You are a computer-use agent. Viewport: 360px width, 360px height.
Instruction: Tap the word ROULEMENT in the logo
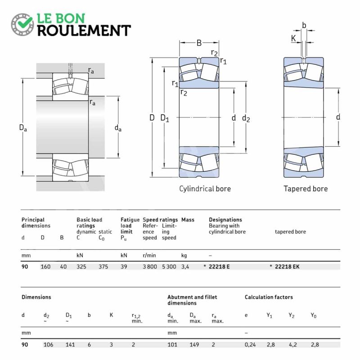(84, 30)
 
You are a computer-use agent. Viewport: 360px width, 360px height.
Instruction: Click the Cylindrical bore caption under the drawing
(205, 189)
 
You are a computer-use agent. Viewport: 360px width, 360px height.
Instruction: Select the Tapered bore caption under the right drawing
(306, 189)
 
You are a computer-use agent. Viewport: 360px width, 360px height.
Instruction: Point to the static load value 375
(104, 267)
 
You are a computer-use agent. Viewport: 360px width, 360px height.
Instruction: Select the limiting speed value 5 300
(169, 267)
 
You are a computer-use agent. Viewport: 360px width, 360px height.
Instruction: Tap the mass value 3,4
(185, 267)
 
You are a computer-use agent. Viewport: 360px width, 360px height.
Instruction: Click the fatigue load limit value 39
(124, 267)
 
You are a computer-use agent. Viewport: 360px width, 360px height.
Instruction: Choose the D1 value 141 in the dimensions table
(71, 344)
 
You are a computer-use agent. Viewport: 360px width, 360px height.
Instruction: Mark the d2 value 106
(49, 344)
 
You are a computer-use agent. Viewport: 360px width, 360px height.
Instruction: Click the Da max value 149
(194, 344)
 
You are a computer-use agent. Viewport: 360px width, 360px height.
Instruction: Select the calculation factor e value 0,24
(250, 344)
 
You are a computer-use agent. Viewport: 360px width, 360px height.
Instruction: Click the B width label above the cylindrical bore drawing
(199, 43)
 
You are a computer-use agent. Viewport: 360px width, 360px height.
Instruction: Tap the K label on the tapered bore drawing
(294, 39)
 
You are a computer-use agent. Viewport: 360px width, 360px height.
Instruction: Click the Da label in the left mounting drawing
(23, 128)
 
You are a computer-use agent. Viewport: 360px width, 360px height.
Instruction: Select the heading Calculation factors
(269, 297)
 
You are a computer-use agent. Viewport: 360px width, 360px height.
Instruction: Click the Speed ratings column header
(160, 220)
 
